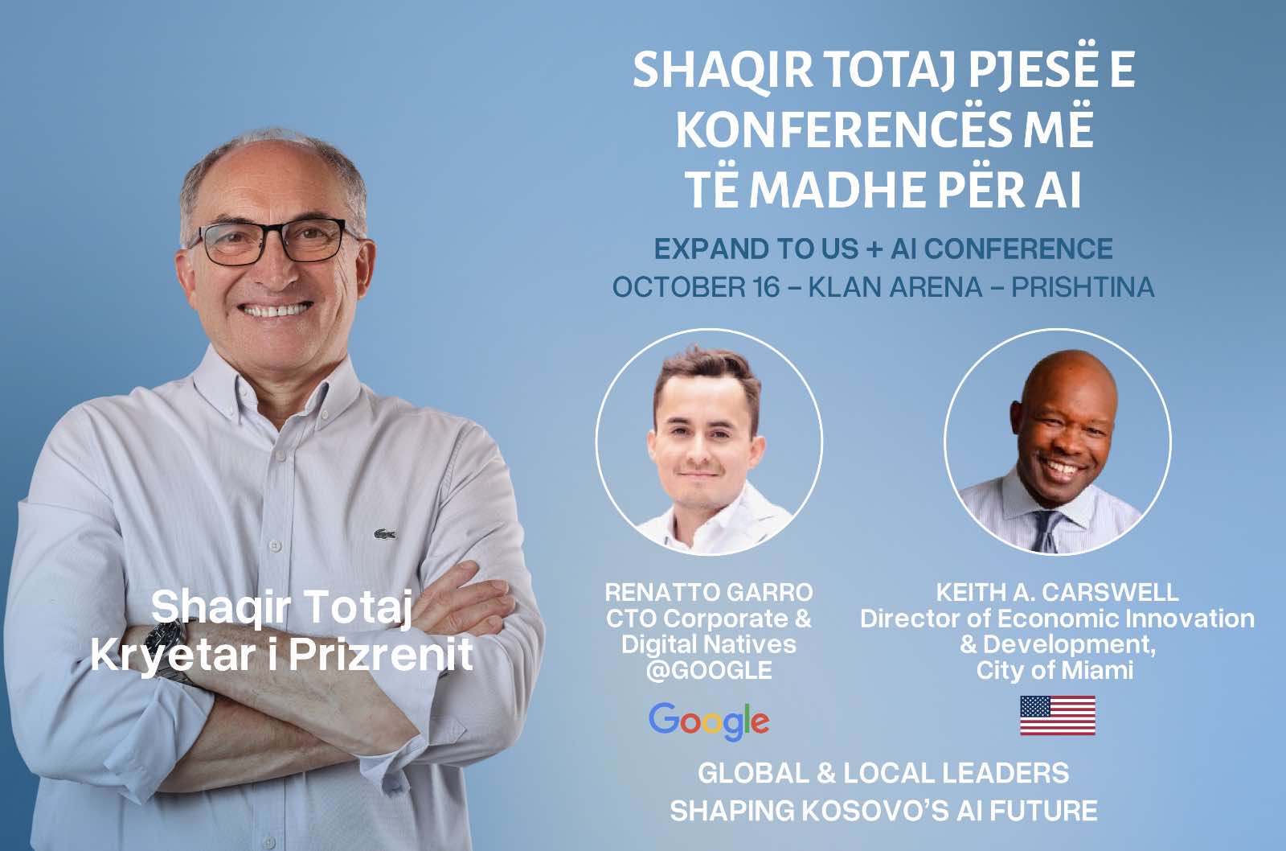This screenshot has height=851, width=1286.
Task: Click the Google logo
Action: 709,721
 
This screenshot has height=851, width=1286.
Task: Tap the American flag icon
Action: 1058,715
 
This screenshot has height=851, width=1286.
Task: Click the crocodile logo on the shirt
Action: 385,534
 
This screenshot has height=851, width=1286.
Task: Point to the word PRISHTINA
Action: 1083,287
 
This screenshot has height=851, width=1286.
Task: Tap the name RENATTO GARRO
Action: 709,592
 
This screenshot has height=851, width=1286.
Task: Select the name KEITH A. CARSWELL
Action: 1057,592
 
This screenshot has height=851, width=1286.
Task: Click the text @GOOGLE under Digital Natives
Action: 709,671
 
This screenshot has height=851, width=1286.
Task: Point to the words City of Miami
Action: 1055,671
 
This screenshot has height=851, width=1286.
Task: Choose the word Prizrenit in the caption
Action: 381,655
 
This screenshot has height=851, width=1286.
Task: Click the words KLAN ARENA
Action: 895,287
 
